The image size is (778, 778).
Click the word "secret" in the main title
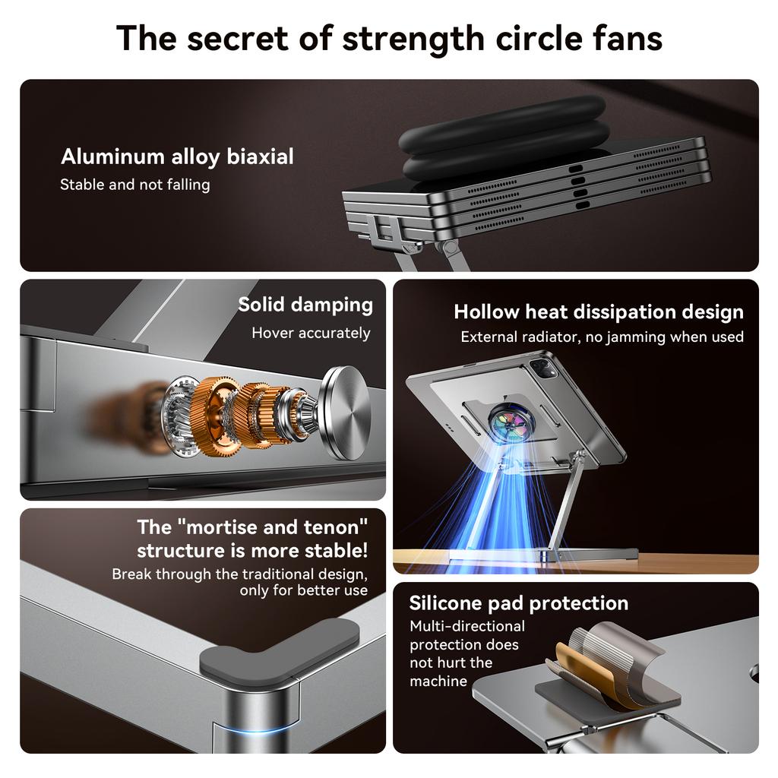pyautogui.click(x=238, y=39)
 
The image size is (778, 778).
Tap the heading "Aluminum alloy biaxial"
pyautogui.click(x=177, y=157)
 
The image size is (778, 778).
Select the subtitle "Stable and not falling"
pyautogui.click(x=135, y=185)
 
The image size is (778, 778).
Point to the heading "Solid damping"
pyautogui.click(x=305, y=305)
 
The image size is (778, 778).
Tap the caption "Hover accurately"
pyautogui.click(x=311, y=333)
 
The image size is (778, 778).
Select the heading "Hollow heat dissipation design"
pyautogui.click(x=599, y=312)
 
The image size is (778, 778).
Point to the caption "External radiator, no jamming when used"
pyautogui.click(x=602, y=337)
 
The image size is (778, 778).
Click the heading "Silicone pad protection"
pyautogui.click(x=518, y=603)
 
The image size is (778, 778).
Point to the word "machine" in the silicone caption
pyautogui.click(x=438, y=681)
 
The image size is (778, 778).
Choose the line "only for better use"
pyautogui.click(x=303, y=590)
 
